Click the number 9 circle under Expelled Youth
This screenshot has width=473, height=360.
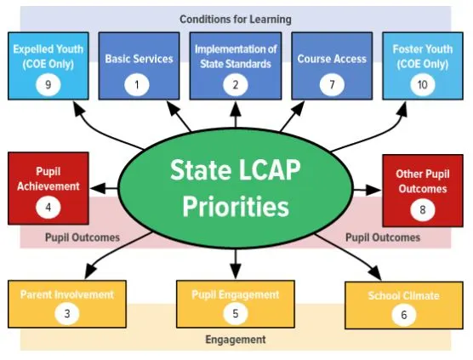[48, 84]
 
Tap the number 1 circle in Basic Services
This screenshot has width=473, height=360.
[137, 84]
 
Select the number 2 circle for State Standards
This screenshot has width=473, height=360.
[236, 84]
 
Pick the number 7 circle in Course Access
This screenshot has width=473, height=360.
[332, 84]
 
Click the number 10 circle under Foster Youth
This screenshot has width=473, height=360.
[423, 84]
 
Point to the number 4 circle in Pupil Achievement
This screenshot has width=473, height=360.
[48, 208]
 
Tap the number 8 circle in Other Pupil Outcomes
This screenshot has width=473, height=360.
[423, 209]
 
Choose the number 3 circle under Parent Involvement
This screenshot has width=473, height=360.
[67, 313]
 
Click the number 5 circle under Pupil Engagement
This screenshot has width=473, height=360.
[236, 313]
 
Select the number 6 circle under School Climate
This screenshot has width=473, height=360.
[404, 315]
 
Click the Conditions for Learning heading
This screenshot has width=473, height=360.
[236, 20]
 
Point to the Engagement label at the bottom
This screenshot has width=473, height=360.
[236, 340]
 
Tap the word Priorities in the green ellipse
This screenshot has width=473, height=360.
[236, 207]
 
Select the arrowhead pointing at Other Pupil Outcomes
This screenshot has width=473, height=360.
[373, 190]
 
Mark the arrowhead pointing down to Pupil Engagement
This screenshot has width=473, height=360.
[236, 271]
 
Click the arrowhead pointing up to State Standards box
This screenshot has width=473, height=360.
[236, 109]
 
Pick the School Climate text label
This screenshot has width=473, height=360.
[403, 295]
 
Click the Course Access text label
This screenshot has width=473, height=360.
[332, 59]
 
